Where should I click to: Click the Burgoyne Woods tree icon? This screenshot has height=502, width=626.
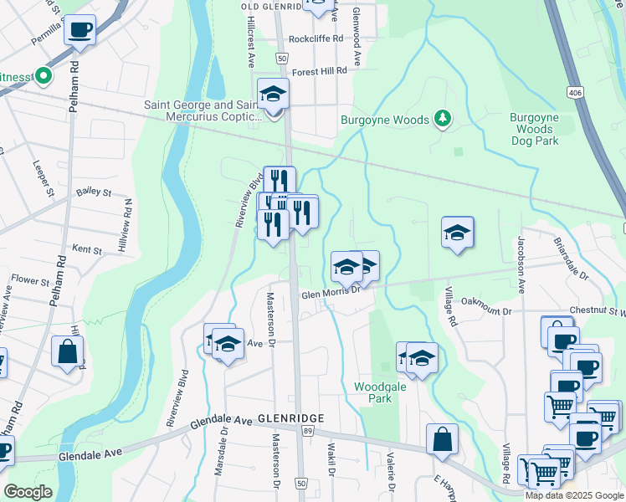pyautogui.click(x=444, y=120)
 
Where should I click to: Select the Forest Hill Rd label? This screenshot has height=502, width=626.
pyautogui.click(x=320, y=72)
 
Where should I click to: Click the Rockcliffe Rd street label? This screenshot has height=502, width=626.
pyautogui.click(x=316, y=38)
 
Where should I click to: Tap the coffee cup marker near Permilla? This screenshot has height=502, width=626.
pyautogui.click(x=80, y=30)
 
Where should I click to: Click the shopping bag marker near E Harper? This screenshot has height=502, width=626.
pyautogui.click(x=442, y=439)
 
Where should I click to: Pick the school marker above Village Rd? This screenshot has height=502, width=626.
pyautogui.click(x=458, y=233)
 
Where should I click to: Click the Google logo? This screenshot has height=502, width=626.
pyautogui.click(x=28, y=492)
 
